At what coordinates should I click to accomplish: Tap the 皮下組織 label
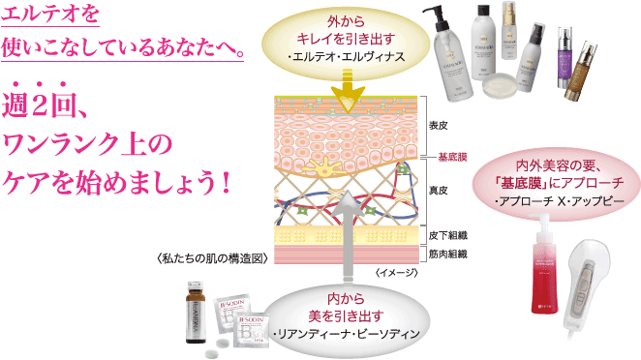[448, 235]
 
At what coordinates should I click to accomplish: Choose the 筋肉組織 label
[448, 254]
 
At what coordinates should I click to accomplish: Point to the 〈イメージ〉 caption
[395, 274]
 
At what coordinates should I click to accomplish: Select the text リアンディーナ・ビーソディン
[346, 334]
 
